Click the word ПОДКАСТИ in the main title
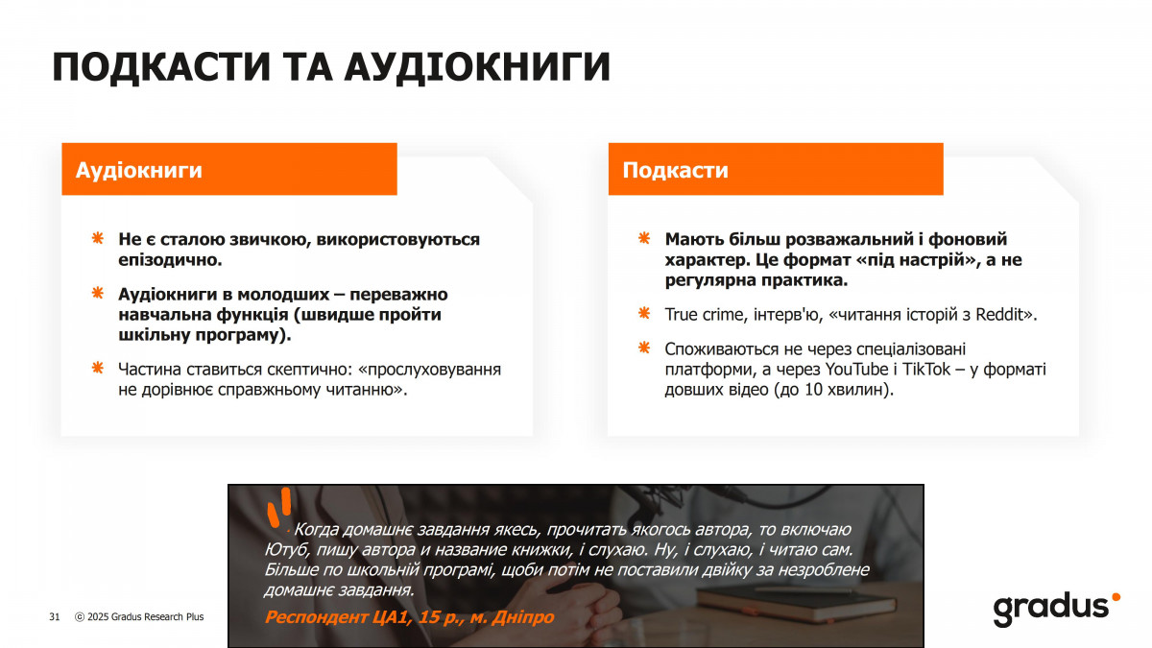tap(161, 67)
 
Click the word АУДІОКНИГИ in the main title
tap(478, 67)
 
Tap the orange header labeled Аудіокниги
tap(229, 169)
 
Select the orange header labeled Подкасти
tap(776, 169)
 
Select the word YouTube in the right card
tap(856, 370)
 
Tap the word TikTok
tap(926, 370)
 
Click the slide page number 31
tap(55, 616)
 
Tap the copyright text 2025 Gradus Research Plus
tap(145, 616)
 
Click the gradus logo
tap(1057, 610)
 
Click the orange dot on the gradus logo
tap(1116, 597)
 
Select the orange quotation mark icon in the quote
tap(279, 507)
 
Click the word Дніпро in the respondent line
tap(522, 616)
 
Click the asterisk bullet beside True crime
tap(644, 313)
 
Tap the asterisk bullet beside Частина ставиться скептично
tap(97, 368)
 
